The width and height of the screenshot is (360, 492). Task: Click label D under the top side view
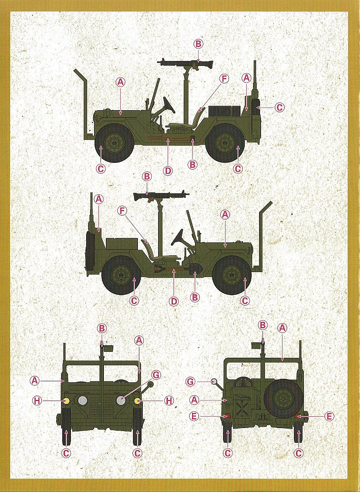(168, 171)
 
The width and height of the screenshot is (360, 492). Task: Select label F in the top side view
(224, 78)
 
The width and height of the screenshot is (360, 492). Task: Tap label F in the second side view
(122, 211)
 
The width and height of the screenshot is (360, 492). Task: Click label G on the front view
(156, 374)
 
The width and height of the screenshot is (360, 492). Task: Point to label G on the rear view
(191, 382)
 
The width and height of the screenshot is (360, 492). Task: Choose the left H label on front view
(37, 400)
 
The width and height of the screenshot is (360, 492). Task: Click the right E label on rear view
(329, 416)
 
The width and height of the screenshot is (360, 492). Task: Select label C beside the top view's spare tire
(279, 107)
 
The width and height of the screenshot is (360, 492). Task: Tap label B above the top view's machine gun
(198, 44)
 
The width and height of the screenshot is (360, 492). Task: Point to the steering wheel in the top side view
(169, 105)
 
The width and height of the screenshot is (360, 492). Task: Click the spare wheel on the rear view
(283, 399)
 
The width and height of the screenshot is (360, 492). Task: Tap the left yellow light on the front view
(66, 400)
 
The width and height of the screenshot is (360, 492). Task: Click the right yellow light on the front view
(137, 400)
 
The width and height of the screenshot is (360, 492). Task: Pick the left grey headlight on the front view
(82, 400)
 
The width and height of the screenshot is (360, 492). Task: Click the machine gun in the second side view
(162, 196)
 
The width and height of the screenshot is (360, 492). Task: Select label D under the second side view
(173, 302)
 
